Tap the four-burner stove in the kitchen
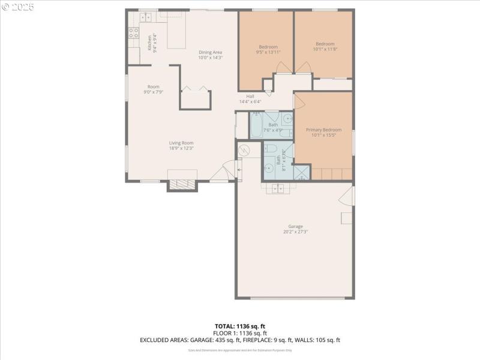coord(133,33)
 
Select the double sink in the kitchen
coord(146,17)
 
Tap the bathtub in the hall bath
coord(257,125)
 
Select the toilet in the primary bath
coord(270,148)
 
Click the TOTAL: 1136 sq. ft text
coord(240,326)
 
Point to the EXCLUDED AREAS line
coord(240,340)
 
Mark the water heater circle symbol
coord(244,150)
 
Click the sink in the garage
coord(278,188)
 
